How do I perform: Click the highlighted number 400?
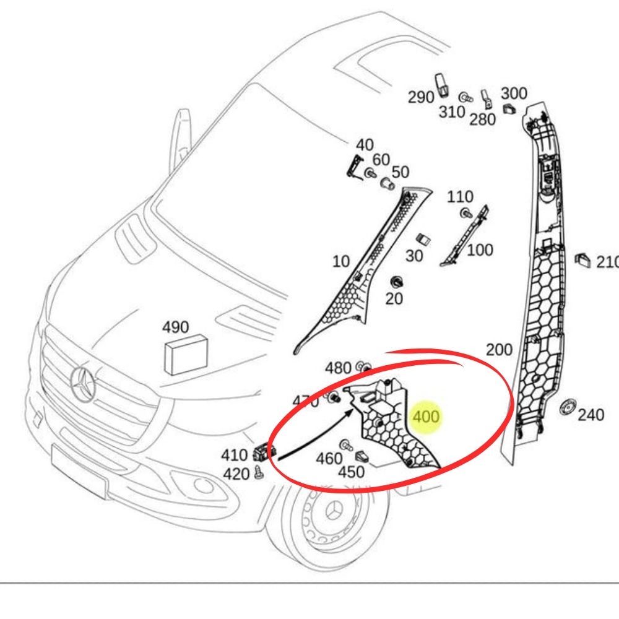point(426,417)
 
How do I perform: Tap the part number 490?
point(176,327)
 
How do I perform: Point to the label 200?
point(499,350)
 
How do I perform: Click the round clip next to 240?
point(566,408)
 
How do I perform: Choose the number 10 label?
point(340,261)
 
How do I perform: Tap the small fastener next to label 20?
point(394,282)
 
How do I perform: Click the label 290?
point(420,97)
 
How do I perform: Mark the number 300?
point(514,93)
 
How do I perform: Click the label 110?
point(460,197)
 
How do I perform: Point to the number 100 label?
point(480,250)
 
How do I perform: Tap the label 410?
point(234,456)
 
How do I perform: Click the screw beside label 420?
point(259,474)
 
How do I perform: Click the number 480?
point(338,368)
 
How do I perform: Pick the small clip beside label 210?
point(582,259)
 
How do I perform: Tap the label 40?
point(364,144)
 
